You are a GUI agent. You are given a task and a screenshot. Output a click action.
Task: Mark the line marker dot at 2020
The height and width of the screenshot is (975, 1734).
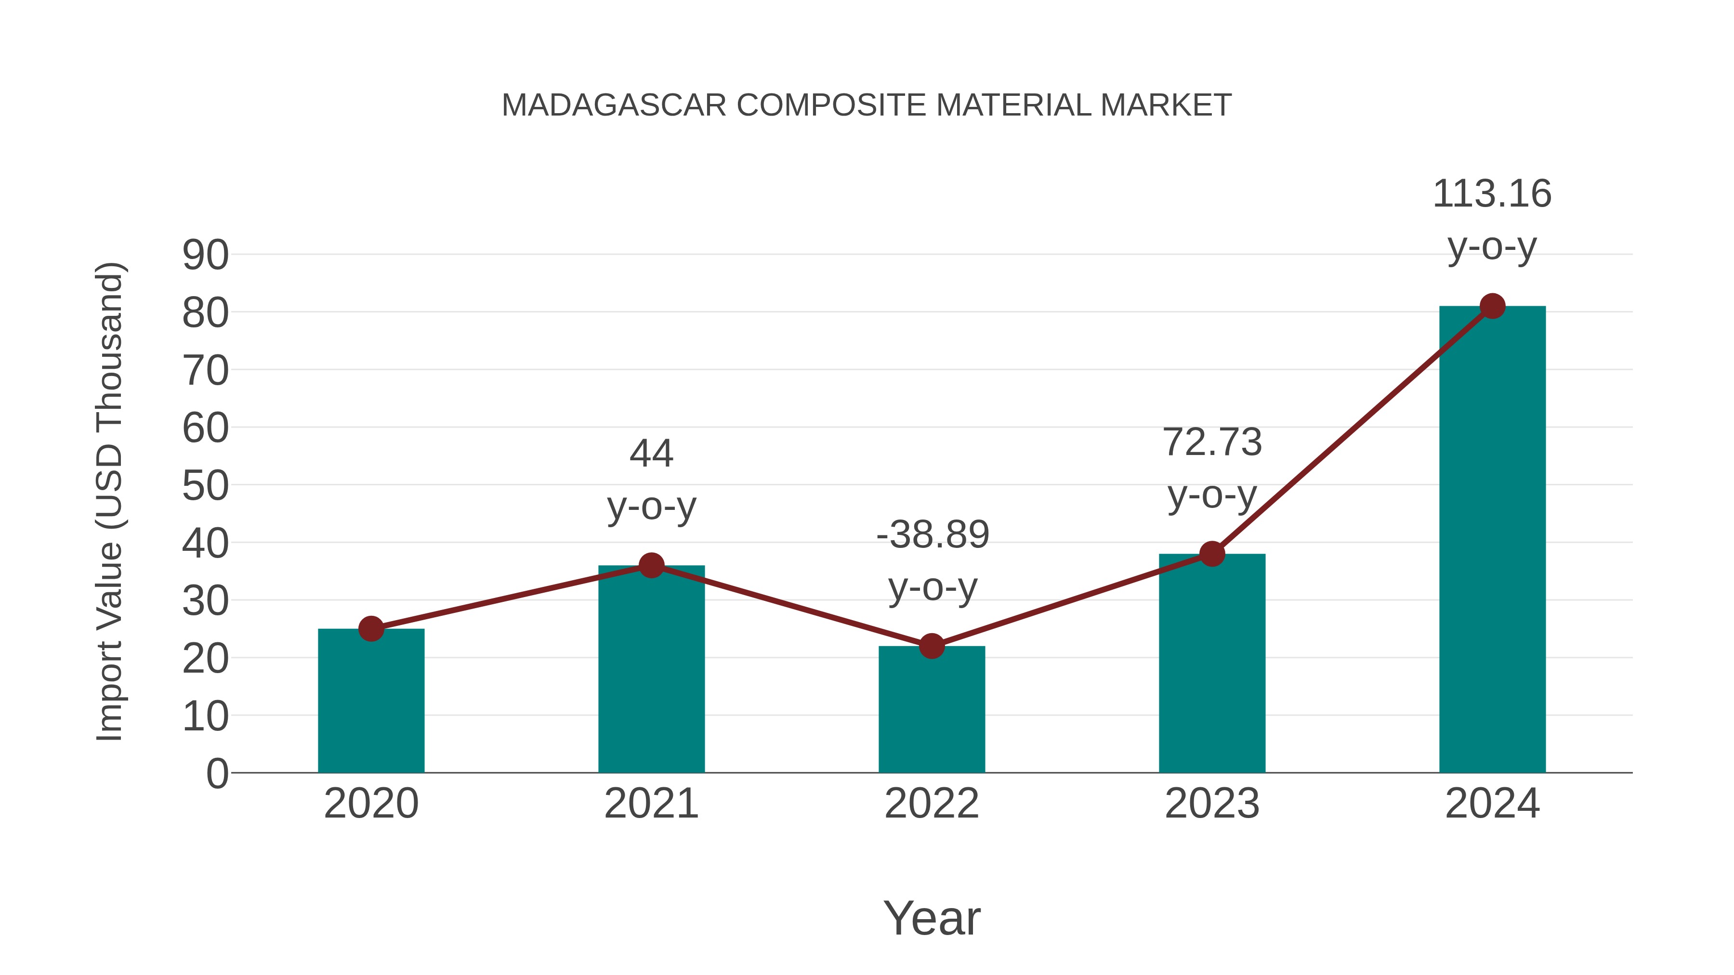(371, 629)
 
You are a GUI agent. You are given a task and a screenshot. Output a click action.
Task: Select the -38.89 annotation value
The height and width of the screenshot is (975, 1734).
(933, 535)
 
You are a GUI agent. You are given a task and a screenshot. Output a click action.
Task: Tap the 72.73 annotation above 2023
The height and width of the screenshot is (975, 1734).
(1212, 443)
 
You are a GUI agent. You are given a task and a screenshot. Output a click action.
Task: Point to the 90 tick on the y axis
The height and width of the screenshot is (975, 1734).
(205, 256)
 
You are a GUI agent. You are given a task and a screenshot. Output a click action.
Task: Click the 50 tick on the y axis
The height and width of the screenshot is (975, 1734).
(205, 486)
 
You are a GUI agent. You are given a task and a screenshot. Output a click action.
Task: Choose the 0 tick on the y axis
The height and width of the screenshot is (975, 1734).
(217, 774)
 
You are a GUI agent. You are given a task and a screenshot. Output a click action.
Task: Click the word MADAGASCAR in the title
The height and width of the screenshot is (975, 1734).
(614, 105)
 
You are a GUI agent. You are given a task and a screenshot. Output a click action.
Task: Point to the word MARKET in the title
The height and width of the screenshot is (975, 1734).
(1166, 105)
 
